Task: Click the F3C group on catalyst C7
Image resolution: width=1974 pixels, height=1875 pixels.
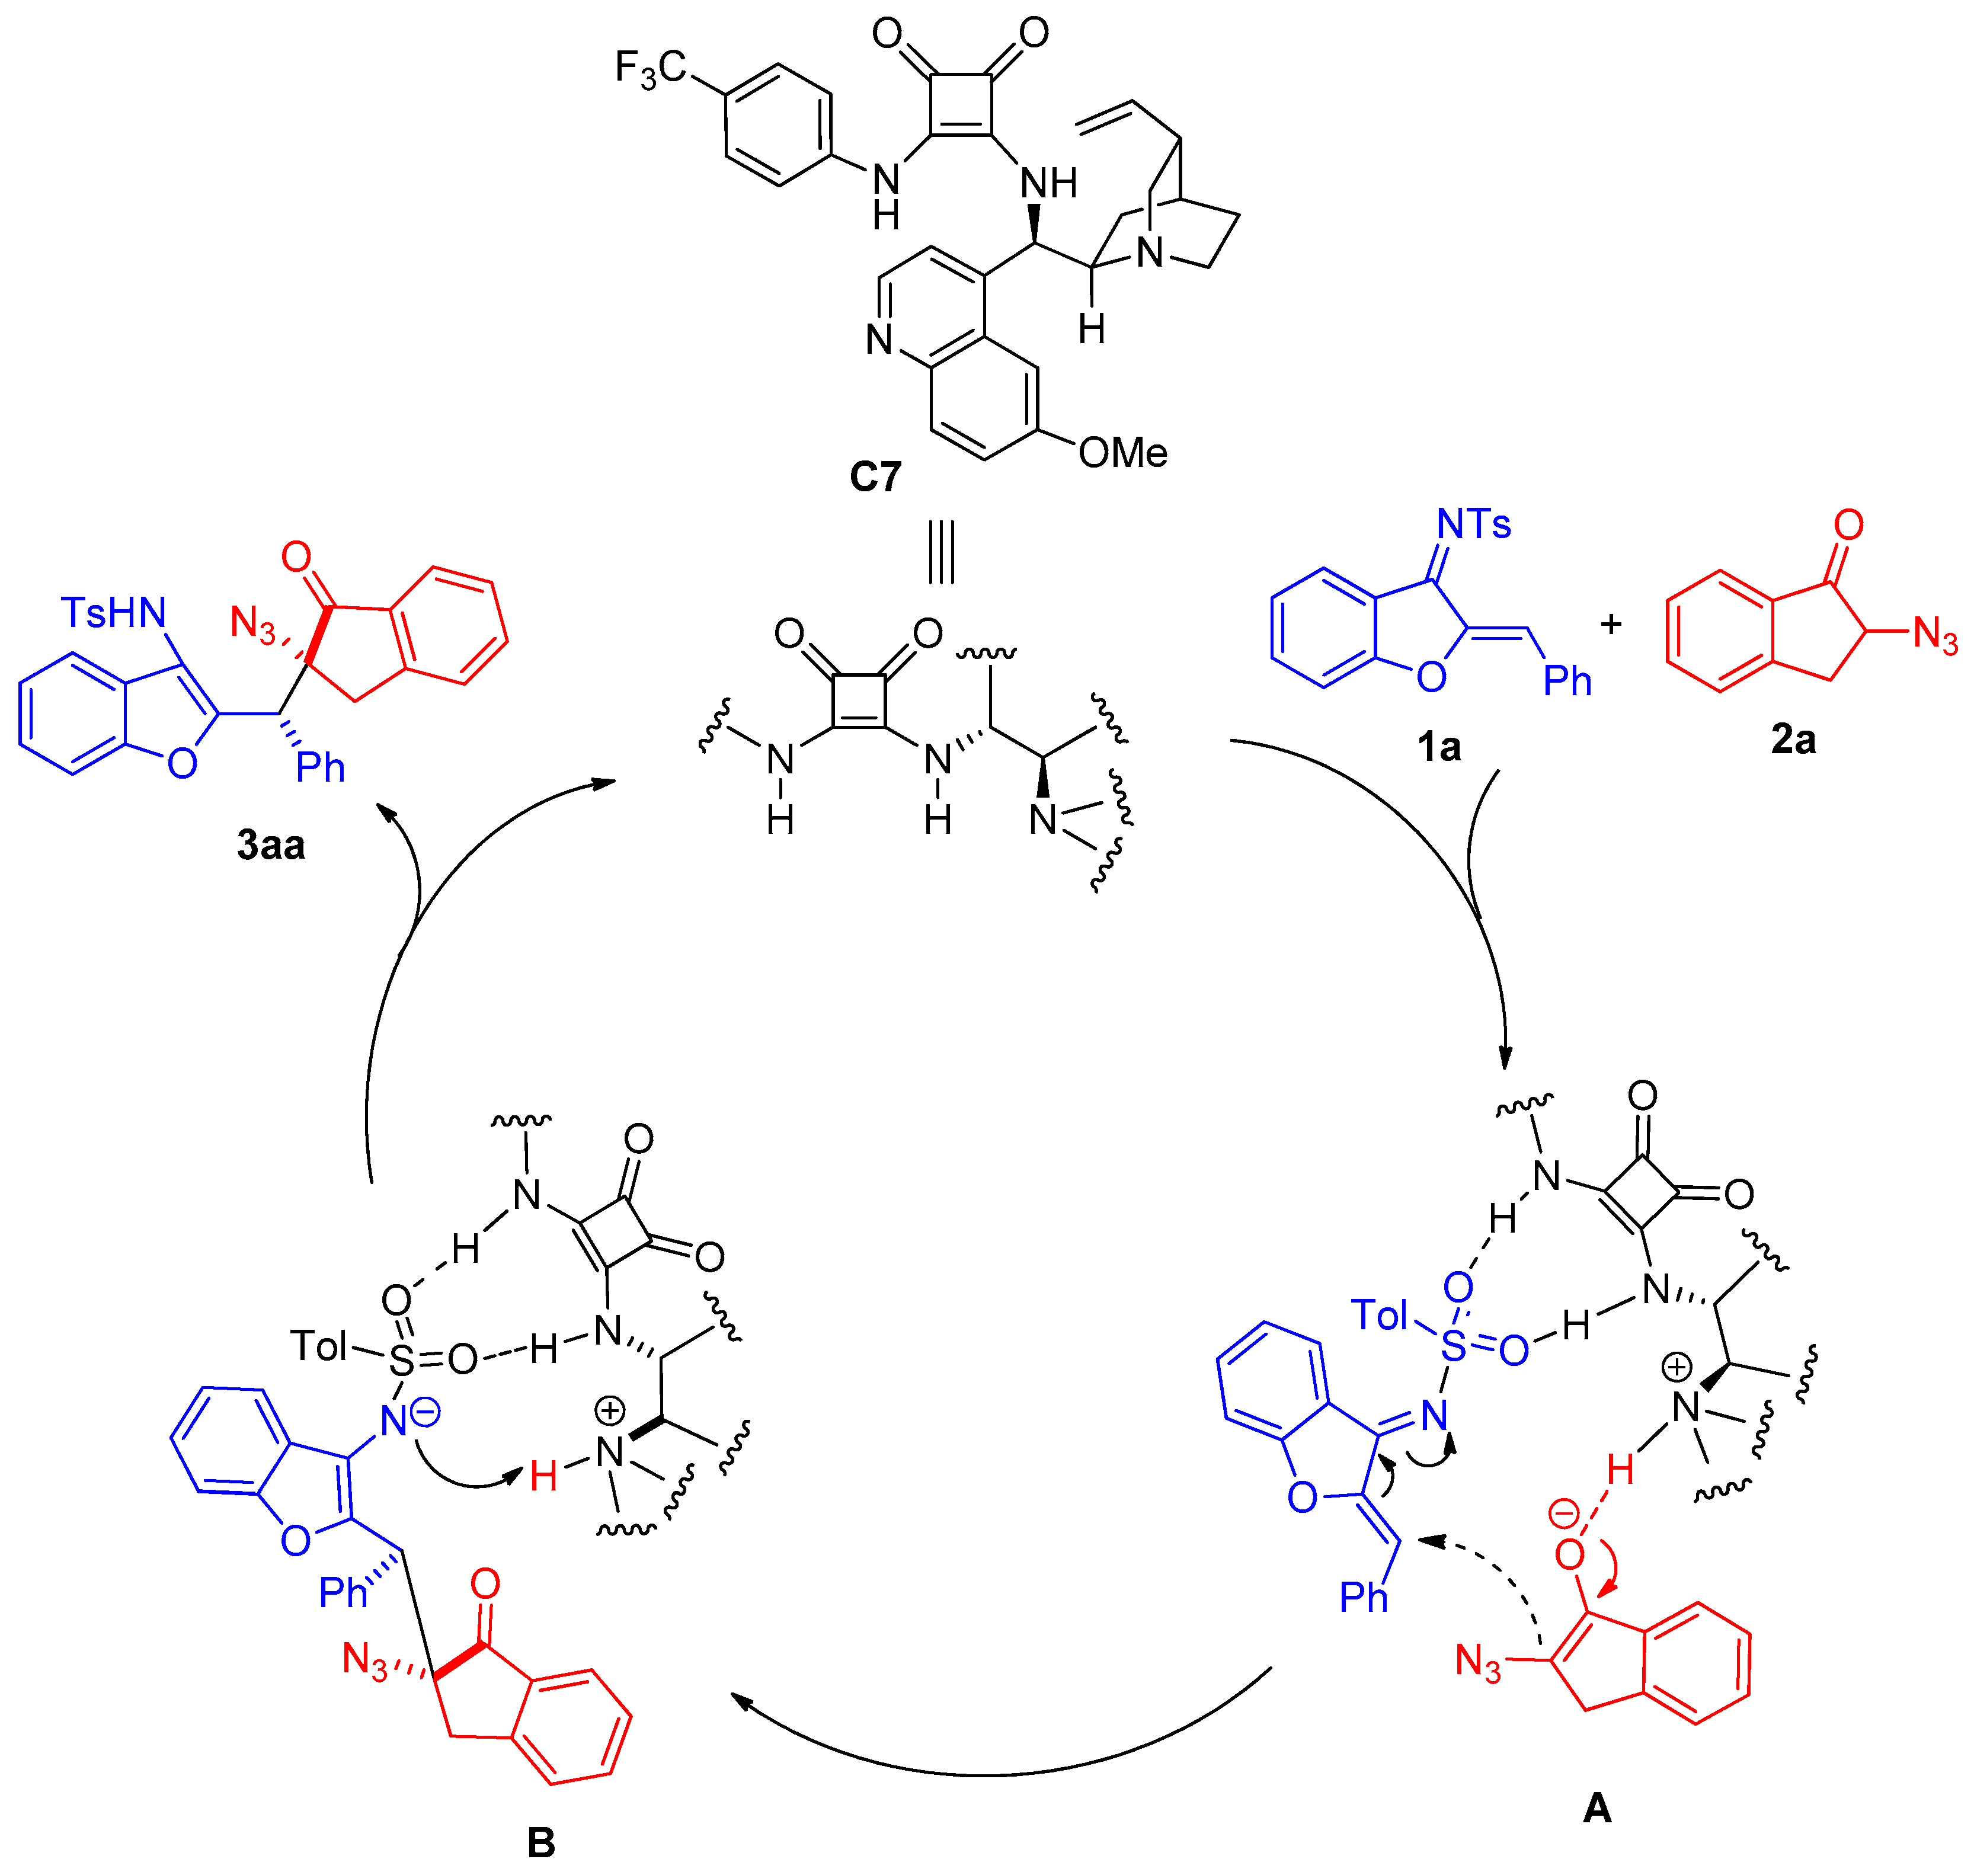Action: coord(650,69)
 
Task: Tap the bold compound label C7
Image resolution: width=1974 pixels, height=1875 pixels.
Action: coord(875,476)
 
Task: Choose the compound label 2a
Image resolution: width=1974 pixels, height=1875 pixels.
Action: coord(1793,740)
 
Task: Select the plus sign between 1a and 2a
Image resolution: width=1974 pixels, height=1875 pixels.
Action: coord(1610,625)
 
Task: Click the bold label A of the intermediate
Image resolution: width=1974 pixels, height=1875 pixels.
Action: coord(1597,1807)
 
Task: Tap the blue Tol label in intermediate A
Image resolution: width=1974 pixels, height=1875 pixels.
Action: coord(1379,1316)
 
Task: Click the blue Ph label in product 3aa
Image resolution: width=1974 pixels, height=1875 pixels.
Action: coord(320,767)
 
